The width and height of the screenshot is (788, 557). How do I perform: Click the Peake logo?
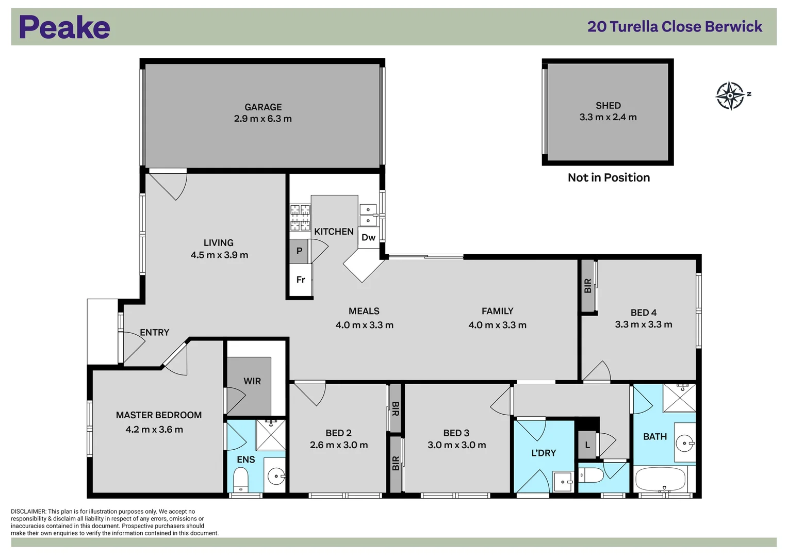tap(64, 27)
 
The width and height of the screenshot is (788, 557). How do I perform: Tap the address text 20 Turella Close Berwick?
tap(675, 27)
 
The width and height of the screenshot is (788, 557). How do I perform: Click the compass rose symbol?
tap(730, 95)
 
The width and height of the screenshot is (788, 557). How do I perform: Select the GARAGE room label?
tap(263, 107)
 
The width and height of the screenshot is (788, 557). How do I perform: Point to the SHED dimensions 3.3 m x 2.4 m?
tap(608, 118)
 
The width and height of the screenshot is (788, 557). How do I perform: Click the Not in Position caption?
tap(609, 178)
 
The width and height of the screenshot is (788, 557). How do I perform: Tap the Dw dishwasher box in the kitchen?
tap(368, 238)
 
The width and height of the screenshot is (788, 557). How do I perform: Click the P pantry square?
tap(299, 252)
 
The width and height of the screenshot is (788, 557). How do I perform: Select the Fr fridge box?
tap(301, 280)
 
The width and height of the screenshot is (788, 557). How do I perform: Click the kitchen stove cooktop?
tap(300, 217)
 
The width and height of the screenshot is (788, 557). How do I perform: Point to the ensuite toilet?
tap(241, 479)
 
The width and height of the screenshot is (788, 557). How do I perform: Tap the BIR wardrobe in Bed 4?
tap(588, 286)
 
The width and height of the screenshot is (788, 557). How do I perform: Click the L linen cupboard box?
tap(587, 445)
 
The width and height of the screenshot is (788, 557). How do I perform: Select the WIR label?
tap(252, 381)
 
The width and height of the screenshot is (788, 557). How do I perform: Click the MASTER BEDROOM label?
tap(159, 415)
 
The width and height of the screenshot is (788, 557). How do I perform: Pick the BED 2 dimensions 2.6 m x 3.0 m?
tap(339, 445)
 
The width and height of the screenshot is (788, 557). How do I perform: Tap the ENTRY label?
tap(155, 333)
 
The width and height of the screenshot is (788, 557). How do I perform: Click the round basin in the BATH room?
tap(685, 443)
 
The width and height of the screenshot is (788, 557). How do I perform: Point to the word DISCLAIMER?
tap(28, 512)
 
